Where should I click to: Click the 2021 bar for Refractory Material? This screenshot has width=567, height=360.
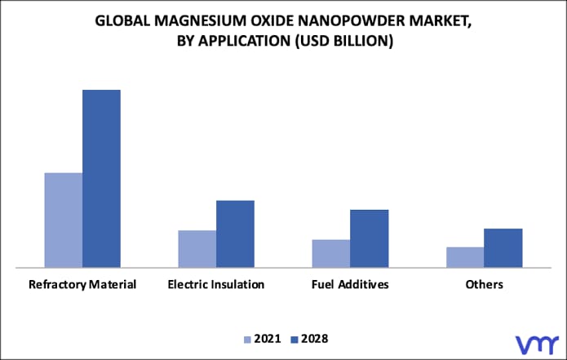(63, 220)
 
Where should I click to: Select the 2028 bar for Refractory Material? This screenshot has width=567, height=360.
(101, 178)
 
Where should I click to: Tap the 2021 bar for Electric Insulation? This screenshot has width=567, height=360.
(197, 248)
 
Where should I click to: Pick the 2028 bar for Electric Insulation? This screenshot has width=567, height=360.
(235, 233)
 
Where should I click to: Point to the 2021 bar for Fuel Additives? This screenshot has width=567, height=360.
(331, 253)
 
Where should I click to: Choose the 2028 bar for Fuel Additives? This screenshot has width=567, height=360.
(369, 238)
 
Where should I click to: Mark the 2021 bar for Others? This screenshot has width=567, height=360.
(465, 256)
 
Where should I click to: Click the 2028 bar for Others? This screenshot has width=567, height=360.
(503, 247)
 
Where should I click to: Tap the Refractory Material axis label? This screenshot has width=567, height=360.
(82, 285)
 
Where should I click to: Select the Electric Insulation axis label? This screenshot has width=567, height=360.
(216, 285)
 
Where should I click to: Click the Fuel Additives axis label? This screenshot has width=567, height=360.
(350, 285)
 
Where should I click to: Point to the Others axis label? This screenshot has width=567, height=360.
(484, 285)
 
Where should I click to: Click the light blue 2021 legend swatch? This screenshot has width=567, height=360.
(247, 339)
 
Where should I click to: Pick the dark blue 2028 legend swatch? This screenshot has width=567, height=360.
(295, 339)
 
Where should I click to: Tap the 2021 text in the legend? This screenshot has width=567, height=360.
(267, 338)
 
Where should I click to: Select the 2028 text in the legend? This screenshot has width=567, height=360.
(314, 338)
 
